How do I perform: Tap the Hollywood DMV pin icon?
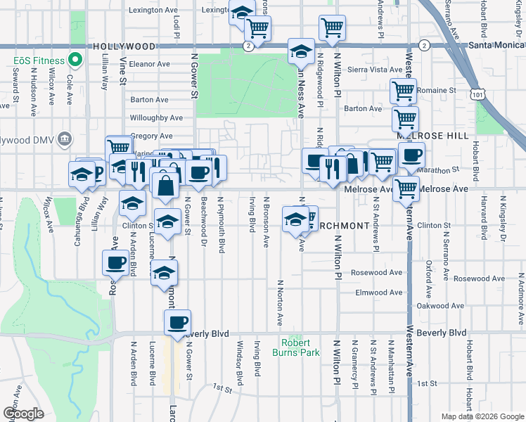tap(65, 137)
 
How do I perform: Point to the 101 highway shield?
tap(478, 93)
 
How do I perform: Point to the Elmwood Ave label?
tap(376, 292)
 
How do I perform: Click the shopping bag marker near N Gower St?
tap(166, 186)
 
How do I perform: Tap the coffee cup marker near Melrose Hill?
tap(412, 155)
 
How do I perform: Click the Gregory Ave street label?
tap(150, 136)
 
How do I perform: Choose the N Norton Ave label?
tap(279, 309)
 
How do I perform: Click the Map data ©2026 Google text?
tap(482, 416)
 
